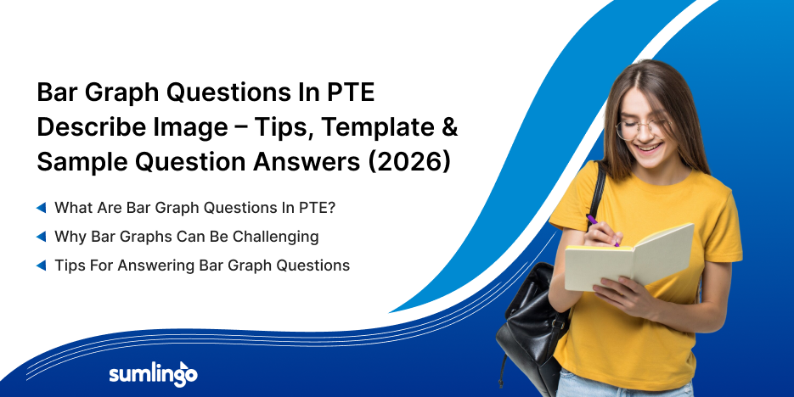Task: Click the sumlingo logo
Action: tap(153, 374)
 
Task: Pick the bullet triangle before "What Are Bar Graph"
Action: tap(41, 207)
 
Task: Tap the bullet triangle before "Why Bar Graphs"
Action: tap(41, 236)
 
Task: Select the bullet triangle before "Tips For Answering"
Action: tap(41, 266)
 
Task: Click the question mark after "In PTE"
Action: tap(331, 207)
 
